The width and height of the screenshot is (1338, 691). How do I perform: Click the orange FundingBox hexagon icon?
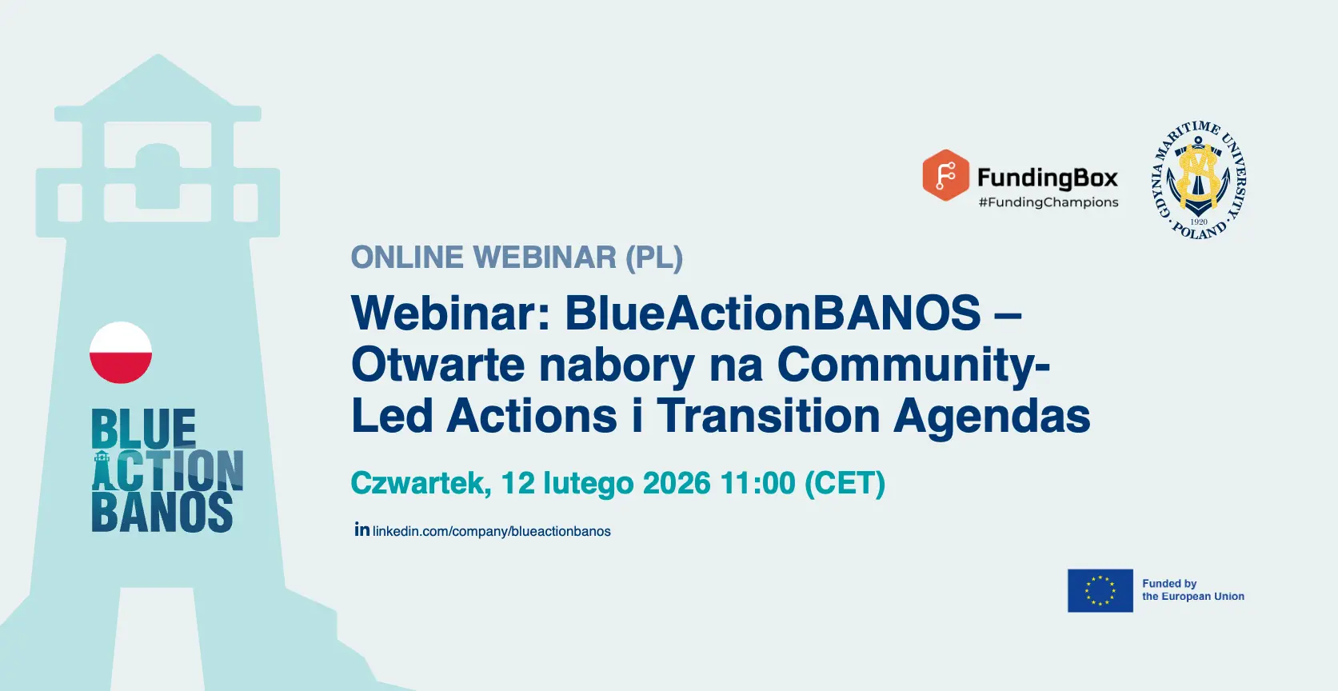click(x=945, y=175)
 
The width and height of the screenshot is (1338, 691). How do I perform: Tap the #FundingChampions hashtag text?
click(x=1048, y=202)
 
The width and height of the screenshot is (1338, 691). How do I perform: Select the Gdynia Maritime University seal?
click(x=1198, y=180)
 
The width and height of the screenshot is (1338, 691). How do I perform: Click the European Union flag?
click(x=1100, y=591)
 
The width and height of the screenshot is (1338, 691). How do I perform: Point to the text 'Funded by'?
click(x=1169, y=584)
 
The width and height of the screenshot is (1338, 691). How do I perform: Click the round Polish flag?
click(x=121, y=353)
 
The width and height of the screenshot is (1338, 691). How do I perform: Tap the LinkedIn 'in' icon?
click(x=362, y=529)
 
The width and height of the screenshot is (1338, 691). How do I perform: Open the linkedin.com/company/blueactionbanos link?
click(x=492, y=531)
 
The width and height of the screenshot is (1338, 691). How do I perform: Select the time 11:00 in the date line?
click(x=758, y=482)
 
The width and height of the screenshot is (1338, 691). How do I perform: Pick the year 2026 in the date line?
click(x=677, y=482)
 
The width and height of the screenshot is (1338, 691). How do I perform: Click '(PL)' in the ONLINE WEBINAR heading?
click(x=654, y=258)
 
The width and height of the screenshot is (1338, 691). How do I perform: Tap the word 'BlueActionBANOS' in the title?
click(x=773, y=313)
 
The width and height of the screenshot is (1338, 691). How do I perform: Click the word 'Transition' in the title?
click(x=768, y=416)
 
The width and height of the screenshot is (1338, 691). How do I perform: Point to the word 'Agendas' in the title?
click(x=993, y=416)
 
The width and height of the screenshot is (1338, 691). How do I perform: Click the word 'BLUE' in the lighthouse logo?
click(x=143, y=429)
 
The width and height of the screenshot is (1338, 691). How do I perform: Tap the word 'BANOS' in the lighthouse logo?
click(x=162, y=512)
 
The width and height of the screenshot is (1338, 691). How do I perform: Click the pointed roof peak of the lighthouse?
click(x=158, y=55)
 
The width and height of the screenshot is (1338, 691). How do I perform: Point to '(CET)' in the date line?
click(x=845, y=482)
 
